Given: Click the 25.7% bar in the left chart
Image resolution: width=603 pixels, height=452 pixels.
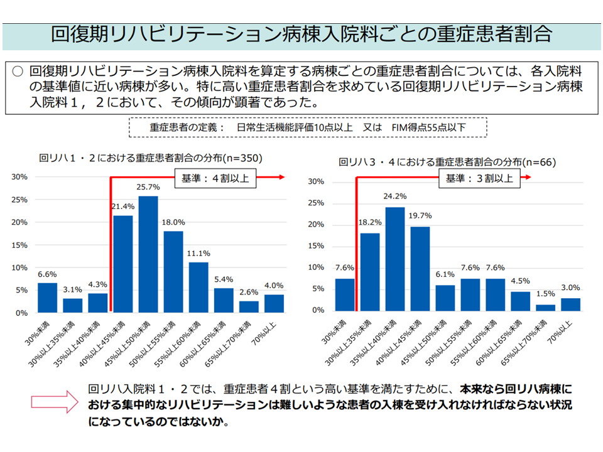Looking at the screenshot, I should click(148, 254).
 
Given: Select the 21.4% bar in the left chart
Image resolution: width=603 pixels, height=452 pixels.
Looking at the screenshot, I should click(122, 264).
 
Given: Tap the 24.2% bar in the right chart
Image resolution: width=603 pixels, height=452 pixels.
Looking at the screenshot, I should click(394, 259).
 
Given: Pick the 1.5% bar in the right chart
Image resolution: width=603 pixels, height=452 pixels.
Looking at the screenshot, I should click(545, 308).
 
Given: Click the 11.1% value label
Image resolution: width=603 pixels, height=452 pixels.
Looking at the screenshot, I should click(198, 254).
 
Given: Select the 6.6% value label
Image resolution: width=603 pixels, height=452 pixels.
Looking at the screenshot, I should click(47, 274).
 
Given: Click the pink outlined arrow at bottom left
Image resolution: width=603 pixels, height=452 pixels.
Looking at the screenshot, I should click(57, 402).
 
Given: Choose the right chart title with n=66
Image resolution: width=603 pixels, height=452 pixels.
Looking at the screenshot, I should click(447, 161).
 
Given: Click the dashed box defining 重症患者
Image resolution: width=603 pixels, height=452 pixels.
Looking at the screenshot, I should click(308, 127).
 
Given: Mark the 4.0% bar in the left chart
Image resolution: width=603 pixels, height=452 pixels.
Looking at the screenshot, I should click(274, 303).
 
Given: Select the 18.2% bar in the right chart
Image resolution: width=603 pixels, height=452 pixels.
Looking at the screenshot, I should click(369, 272).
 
